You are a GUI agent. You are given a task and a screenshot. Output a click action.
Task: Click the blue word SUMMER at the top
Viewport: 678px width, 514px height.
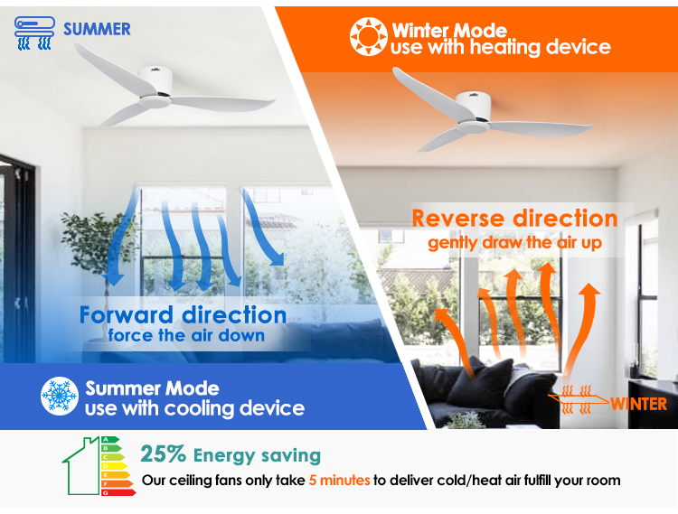coord(97,30)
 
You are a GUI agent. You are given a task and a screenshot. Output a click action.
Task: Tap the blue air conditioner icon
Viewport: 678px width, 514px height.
coord(34,33)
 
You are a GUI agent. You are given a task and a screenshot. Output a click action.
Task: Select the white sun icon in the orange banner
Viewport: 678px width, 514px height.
coord(368,37)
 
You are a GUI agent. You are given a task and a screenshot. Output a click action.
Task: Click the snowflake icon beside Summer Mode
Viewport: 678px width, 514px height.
coord(60,396)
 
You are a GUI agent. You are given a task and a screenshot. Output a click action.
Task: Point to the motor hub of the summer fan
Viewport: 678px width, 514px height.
coord(155,88)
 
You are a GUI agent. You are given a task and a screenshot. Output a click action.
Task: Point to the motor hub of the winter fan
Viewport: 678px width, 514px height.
coord(474,112)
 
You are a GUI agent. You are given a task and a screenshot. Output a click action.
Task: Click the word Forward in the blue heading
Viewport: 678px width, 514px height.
coord(126,315)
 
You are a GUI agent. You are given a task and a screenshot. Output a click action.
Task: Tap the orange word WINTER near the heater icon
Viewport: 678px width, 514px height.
coord(638,404)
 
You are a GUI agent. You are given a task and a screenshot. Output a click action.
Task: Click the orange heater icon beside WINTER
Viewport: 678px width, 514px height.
coord(577,399)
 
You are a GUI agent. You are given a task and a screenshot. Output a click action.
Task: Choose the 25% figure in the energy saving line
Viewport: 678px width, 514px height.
coord(163,454)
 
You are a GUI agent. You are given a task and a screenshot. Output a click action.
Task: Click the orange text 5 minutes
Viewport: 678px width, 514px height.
coord(339,480)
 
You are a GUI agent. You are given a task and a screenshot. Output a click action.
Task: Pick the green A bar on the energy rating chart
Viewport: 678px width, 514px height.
coord(110,440)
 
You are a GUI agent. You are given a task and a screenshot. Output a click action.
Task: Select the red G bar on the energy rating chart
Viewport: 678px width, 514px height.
coord(118,492)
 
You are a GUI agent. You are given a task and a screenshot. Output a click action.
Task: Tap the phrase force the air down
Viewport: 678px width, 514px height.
coord(186,335)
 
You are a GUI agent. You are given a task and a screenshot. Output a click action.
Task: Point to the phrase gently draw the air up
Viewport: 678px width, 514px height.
coord(514,243)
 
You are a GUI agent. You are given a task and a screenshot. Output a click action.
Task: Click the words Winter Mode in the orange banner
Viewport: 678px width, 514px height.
coord(449,31)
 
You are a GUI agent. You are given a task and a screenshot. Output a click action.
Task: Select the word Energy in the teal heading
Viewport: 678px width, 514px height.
coord(224,455)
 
